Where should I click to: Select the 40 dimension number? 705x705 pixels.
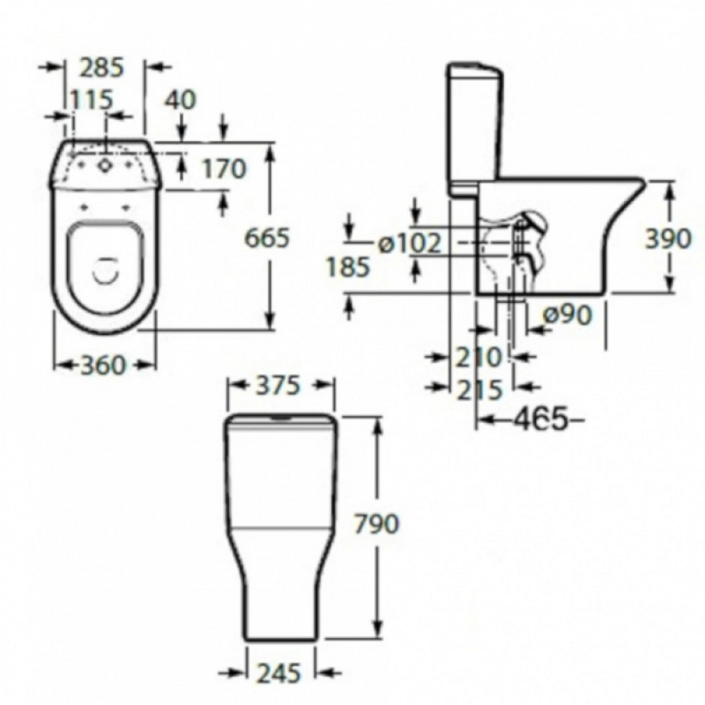coord(180,99)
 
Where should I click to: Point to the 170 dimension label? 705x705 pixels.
coord(224,169)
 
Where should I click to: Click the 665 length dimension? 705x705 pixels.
coord(266,238)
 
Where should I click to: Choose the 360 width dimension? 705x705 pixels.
coord(102,364)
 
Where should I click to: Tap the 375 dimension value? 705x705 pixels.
coord(277,386)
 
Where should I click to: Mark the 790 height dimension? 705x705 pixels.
coord(376,525)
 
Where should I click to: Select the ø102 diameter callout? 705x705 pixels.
coord(409,244)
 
